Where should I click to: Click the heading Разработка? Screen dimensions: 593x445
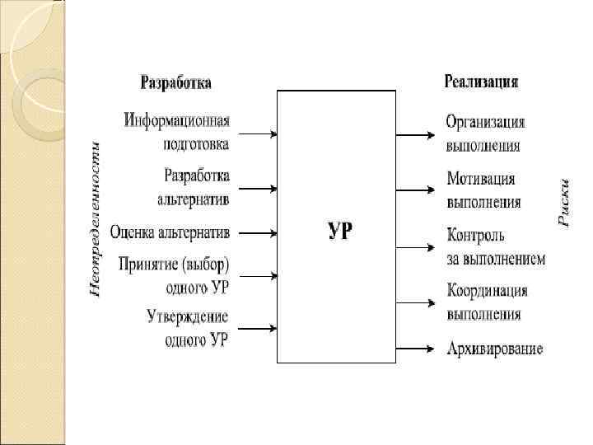tap(175, 82)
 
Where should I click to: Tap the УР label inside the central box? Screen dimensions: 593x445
tap(339, 231)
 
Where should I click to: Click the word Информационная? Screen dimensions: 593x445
tap(177, 121)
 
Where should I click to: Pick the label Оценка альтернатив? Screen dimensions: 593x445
tap(170, 232)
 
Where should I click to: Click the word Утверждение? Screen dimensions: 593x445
tap(188, 316)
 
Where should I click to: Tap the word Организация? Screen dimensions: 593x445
tap(485, 122)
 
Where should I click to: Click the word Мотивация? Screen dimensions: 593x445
tap(481, 179)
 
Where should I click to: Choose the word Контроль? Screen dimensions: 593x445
tap(475, 236)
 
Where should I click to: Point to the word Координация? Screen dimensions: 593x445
tap(487, 291)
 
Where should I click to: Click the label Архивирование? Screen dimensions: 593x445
tap(494, 349)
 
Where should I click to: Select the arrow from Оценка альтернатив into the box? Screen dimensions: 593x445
tap(258, 232)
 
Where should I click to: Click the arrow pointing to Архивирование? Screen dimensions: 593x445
tap(415, 349)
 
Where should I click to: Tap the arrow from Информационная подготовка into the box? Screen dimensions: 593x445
tap(258, 132)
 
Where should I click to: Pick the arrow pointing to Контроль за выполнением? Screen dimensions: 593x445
tap(415, 246)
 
